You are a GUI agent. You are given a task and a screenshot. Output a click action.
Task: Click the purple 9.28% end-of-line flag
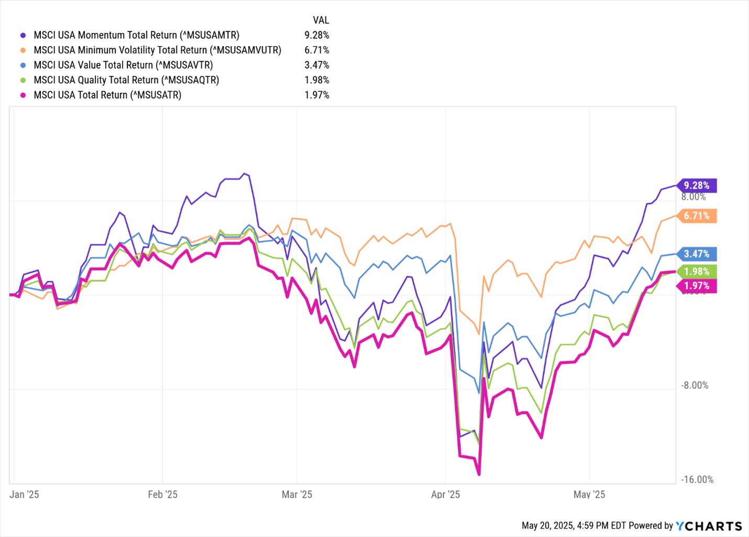[x=697, y=185]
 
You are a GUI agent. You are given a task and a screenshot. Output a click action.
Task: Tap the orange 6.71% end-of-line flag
[x=697, y=216]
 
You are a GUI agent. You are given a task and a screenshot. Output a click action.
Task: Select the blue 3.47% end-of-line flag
[x=697, y=254]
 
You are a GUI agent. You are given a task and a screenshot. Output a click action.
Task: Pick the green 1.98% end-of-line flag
[x=697, y=272]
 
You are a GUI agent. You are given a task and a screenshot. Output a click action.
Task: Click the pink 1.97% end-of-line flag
[x=697, y=286]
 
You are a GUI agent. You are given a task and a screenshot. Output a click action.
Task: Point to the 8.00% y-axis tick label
[x=693, y=197]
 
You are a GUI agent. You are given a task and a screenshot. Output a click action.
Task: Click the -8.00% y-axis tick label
[x=695, y=386]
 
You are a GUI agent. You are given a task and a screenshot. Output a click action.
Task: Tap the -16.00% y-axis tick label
[x=697, y=480]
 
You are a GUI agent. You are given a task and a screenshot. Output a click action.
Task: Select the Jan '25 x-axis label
[x=25, y=495]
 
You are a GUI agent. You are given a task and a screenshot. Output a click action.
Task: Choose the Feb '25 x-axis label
[x=162, y=495]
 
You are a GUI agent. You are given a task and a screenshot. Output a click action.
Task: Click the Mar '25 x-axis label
[x=297, y=495]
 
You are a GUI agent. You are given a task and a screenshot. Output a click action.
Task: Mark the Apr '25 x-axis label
[x=445, y=495]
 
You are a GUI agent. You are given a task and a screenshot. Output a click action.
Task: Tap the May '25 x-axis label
[x=589, y=495]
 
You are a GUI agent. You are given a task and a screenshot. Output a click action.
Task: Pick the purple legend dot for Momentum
[x=23, y=35]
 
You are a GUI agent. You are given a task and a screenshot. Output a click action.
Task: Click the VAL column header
[x=321, y=20]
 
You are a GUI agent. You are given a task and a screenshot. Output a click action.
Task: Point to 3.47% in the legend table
[x=317, y=65]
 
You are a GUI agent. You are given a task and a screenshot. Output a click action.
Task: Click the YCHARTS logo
[x=709, y=525]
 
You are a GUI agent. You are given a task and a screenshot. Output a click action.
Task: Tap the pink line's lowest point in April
[x=479, y=474]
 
